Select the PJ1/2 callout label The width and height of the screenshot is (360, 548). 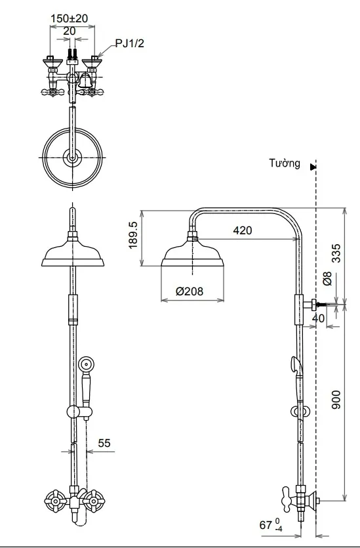click(x=130, y=44)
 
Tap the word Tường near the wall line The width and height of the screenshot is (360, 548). click(x=284, y=163)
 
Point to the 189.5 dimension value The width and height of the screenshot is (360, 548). click(x=134, y=235)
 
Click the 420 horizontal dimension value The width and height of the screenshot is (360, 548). click(x=242, y=230)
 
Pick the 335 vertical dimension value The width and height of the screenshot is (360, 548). click(x=336, y=253)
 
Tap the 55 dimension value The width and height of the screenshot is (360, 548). click(x=104, y=444)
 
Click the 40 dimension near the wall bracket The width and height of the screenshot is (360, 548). click(x=318, y=318)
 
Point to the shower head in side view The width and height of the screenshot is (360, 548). click(x=192, y=255)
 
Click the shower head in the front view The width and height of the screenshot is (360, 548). click(x=73, y=253)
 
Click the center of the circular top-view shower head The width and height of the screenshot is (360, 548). click(x=72, y=158)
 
